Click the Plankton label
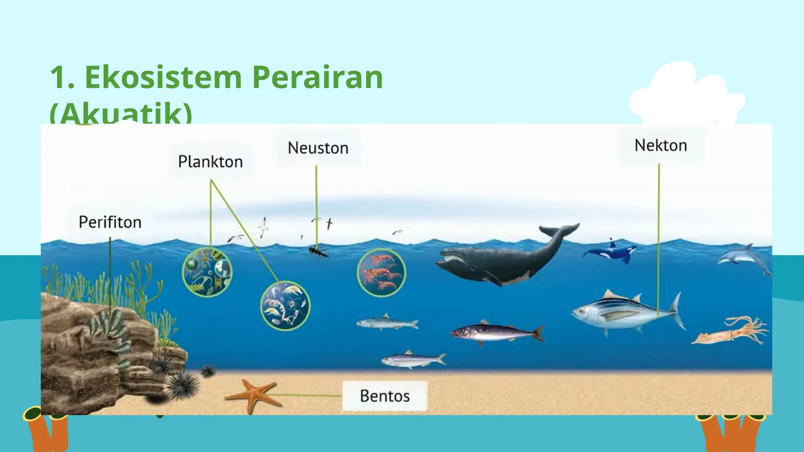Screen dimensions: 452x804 210,162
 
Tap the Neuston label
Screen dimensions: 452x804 318,148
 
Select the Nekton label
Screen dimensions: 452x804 661,146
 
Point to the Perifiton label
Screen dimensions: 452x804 110,222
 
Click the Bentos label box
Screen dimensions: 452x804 385,395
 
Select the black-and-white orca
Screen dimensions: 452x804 612,252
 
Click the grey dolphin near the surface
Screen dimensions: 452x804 742,257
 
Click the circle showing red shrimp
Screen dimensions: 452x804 381,273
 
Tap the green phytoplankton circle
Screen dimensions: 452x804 207,272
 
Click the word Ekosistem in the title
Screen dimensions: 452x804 163,77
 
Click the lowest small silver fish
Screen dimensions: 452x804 412,359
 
